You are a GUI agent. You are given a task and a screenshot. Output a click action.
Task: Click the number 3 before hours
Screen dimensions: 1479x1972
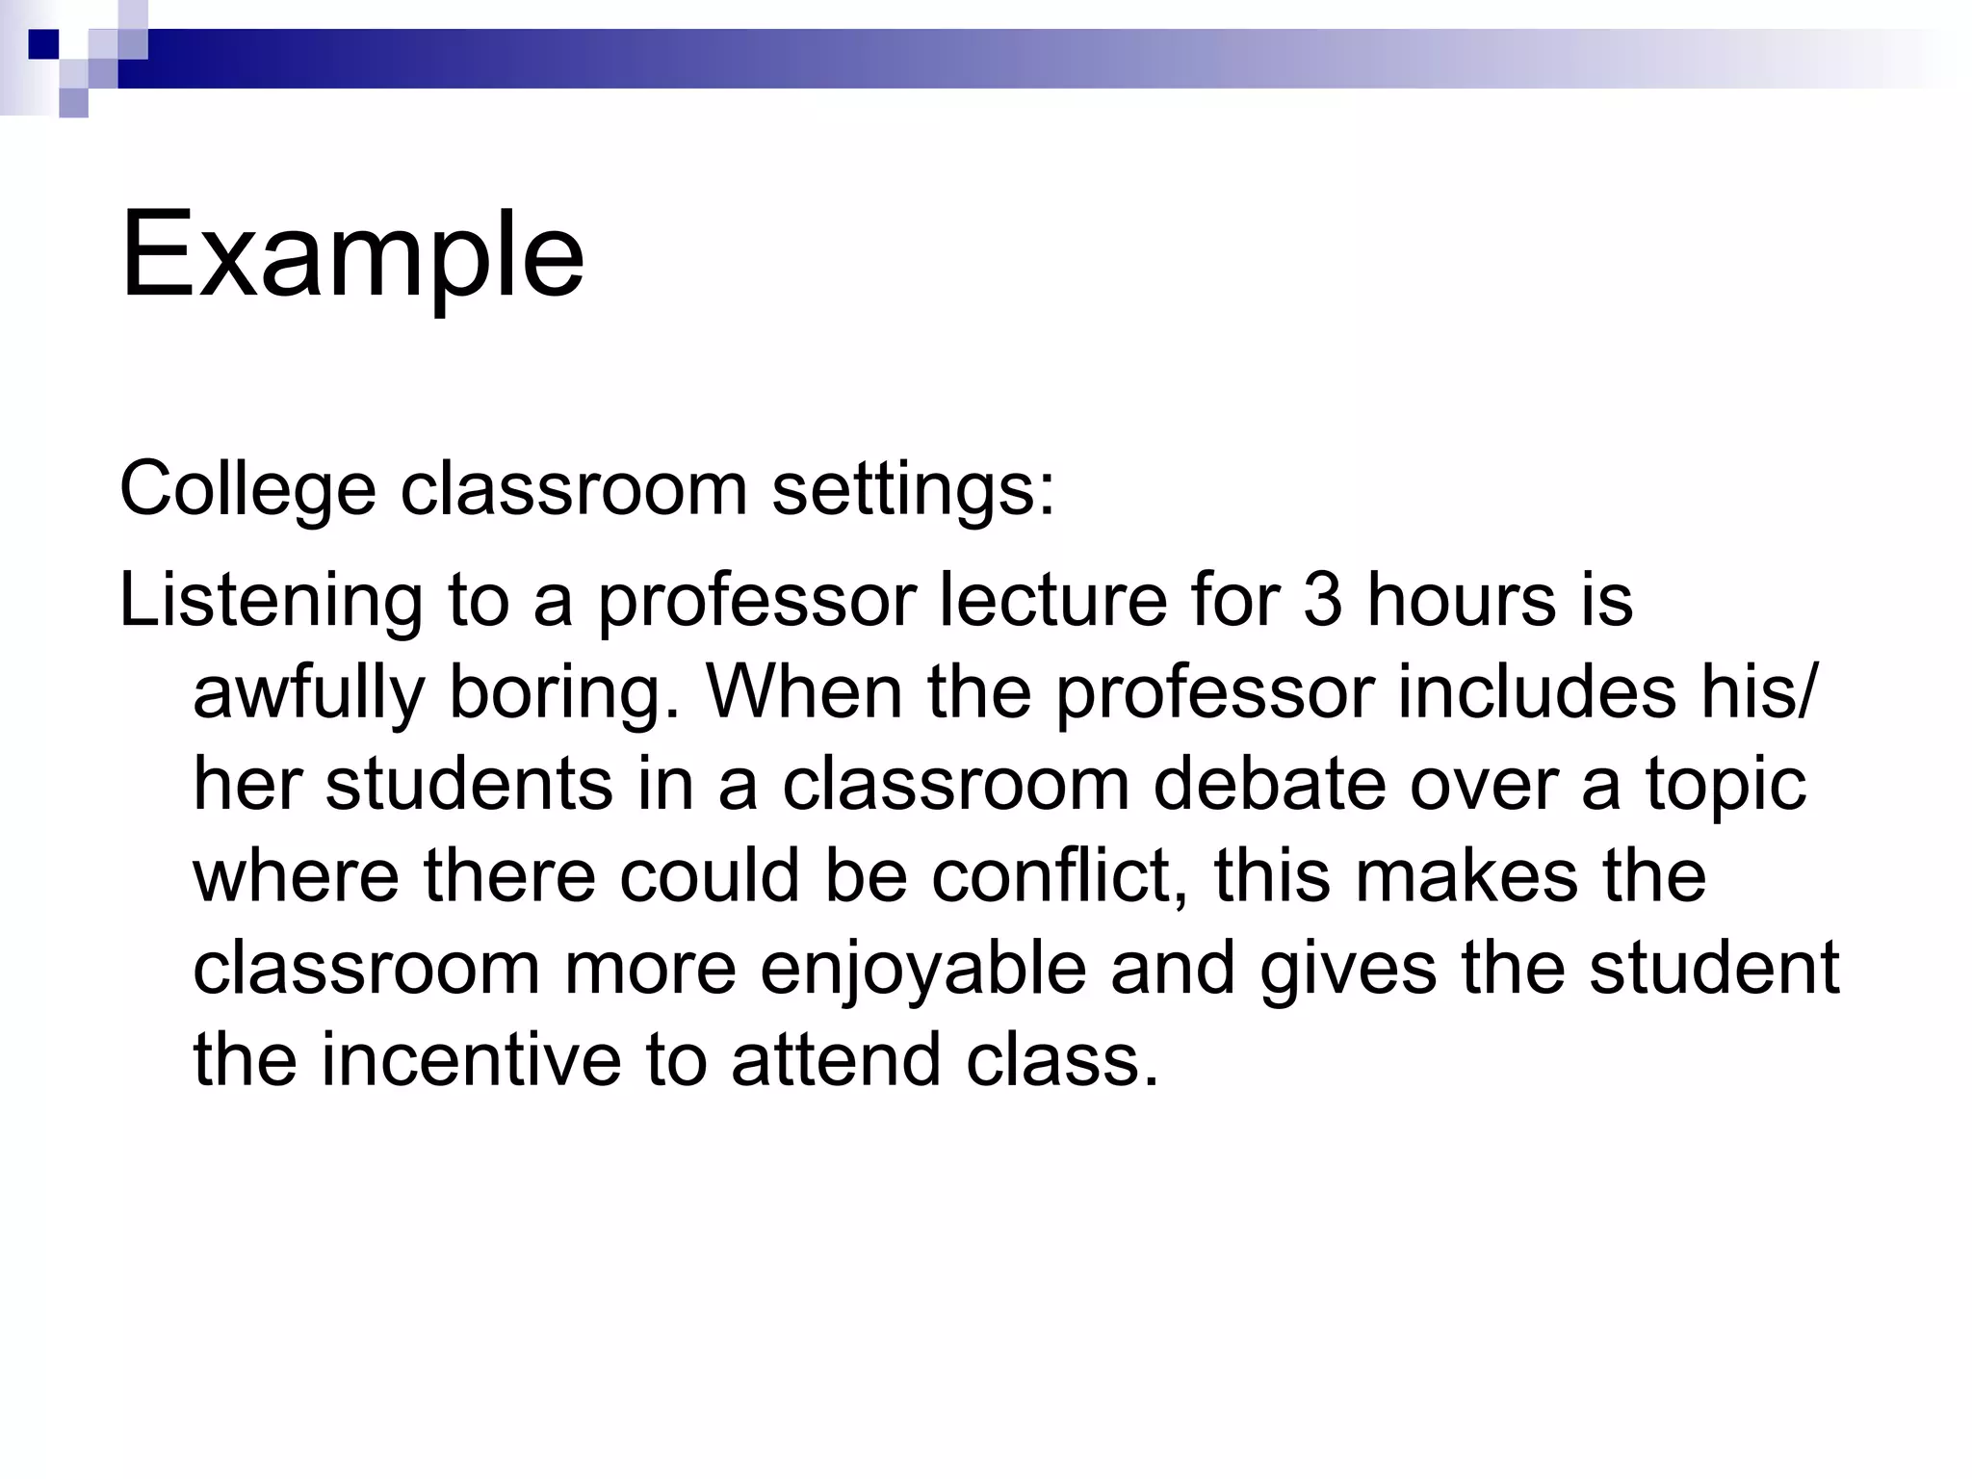(x=1322, y=599)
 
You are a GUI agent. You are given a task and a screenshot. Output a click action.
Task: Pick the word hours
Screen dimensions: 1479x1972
(x=1462, y=599)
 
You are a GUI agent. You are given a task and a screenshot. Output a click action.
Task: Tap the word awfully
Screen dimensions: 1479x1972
(x=308, y=693)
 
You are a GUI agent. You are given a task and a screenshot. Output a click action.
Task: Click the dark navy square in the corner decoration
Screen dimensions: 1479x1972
(x=43, y=44)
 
